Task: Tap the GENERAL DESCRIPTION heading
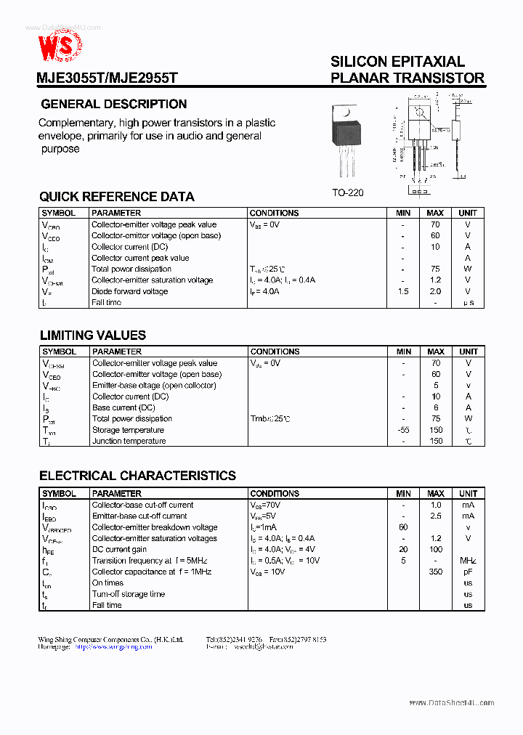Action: [x=114, y=104]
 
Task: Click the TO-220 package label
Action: [x=347, y=192]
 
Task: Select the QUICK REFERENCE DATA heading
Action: [x=117, y=197]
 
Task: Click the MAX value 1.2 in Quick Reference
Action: [x=435, y=280]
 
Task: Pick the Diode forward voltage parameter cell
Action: [x=129, y=291]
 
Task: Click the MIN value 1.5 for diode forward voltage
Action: [x=403, y=291]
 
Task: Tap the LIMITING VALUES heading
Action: [x=92, y=336]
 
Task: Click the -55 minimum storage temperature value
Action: [x=403, y=430]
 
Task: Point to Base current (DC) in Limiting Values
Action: [x=123, y=407]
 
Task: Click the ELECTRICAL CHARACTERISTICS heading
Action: [x=137, y=476]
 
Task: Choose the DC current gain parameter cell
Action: [x=119, y=550]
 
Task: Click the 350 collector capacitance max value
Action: [x=435, y=572]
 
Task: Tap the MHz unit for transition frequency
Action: [x=468, y=561]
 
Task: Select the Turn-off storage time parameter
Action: [x=129, y=594]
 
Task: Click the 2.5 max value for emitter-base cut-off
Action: [x=435, y=516]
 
